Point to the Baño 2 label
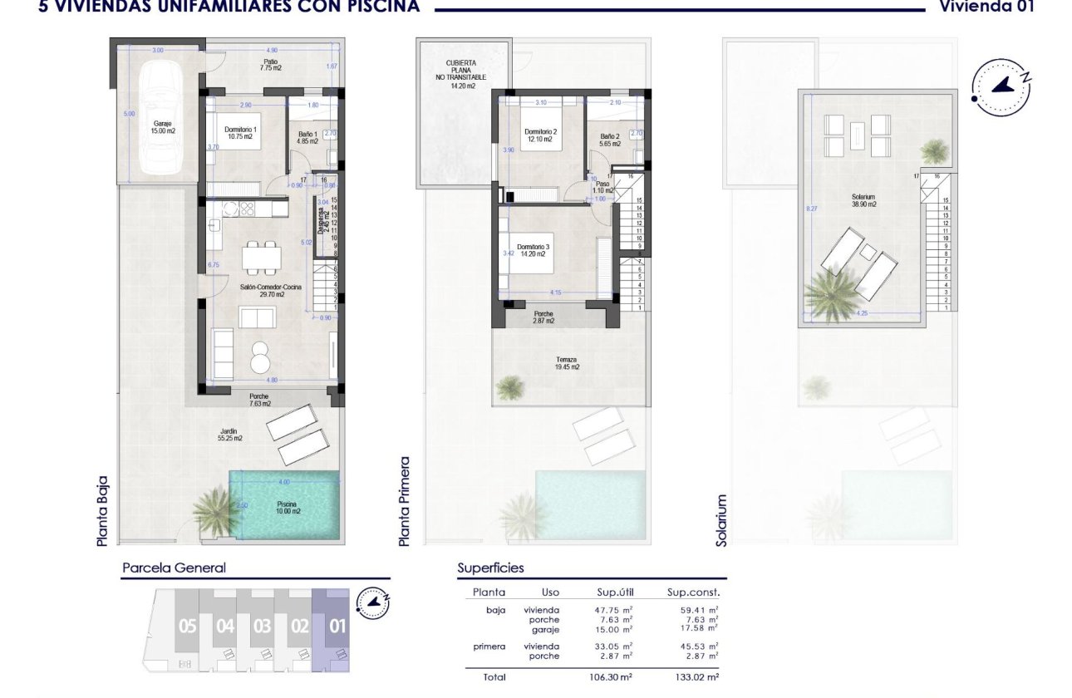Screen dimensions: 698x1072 tap(610, 140)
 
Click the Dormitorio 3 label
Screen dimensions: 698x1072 tap(533, 250)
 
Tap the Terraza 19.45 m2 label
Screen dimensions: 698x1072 tap(568, 363)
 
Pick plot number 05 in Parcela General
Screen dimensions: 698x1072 tap(187, 627)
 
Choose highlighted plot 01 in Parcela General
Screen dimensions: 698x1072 tap(337, 627)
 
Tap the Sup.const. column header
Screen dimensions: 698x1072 tap(693, 592)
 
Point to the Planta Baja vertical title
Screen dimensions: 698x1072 tap(103, 516)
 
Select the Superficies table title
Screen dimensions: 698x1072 tap(490, 568)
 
